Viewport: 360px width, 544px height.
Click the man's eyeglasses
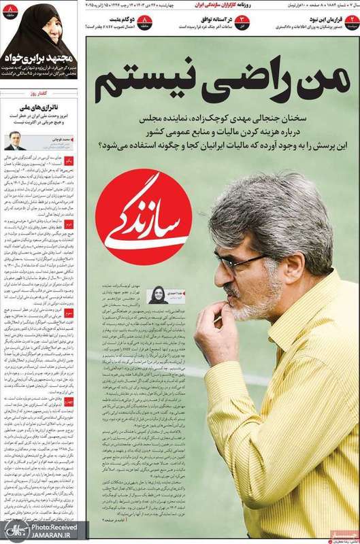coord(239,262)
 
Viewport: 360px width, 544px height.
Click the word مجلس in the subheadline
coord(118,117)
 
